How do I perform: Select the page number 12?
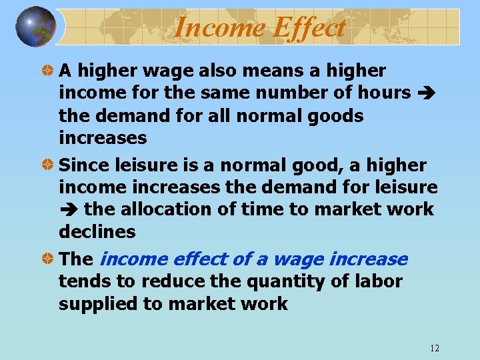coord(435,348)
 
